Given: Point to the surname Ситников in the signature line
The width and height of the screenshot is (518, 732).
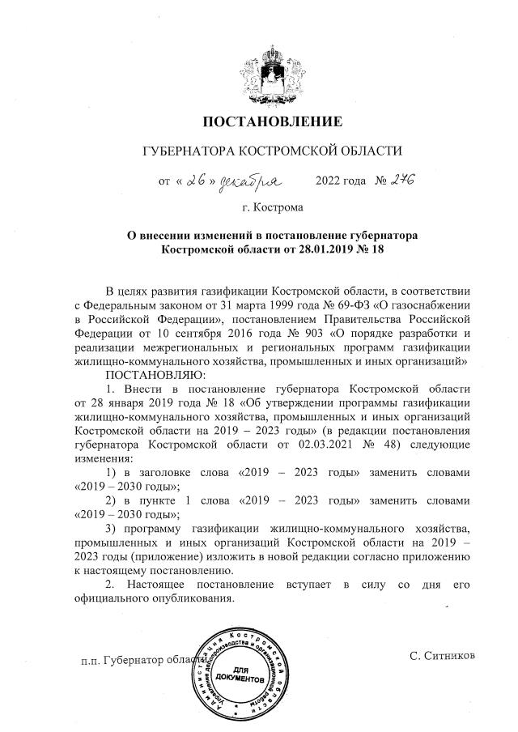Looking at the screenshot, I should (x=442, y=653).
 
